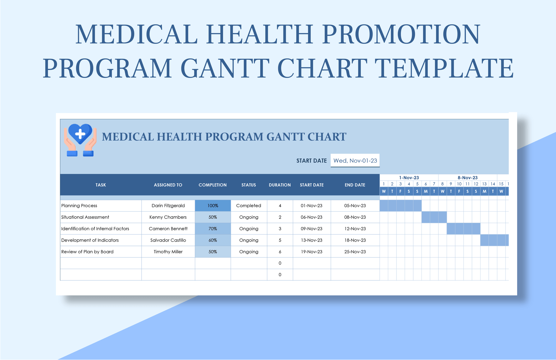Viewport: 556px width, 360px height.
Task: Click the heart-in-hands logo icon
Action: (80, 140)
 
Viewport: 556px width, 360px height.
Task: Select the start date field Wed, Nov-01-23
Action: (355, 161)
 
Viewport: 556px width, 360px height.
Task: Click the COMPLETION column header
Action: (213, 185)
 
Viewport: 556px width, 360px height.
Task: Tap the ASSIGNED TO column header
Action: (168, 185)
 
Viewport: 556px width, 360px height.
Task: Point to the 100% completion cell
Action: (213, 206)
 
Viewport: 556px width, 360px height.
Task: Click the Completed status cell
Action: (249, 206)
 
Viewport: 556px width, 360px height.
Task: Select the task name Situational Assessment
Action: (85, 217)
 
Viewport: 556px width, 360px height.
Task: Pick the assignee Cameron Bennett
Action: (168, 229)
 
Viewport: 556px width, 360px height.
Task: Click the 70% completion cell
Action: (213, 229)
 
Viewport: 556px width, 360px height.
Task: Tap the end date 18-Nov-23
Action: (355, 240)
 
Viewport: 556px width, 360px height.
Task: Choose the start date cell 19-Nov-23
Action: (311, 252)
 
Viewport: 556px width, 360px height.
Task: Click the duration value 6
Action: (280, 252)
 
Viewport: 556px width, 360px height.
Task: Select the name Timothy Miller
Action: (168, 252)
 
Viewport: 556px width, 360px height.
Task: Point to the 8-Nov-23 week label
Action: (468, 178)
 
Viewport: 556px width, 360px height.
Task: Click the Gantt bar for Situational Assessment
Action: (434, 217)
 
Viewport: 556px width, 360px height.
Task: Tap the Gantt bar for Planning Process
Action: (401, 206)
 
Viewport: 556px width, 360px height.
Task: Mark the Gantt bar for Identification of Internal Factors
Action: (463, 229)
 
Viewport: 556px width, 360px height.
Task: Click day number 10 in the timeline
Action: (459, 184)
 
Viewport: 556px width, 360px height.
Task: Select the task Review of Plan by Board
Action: (88, 252)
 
